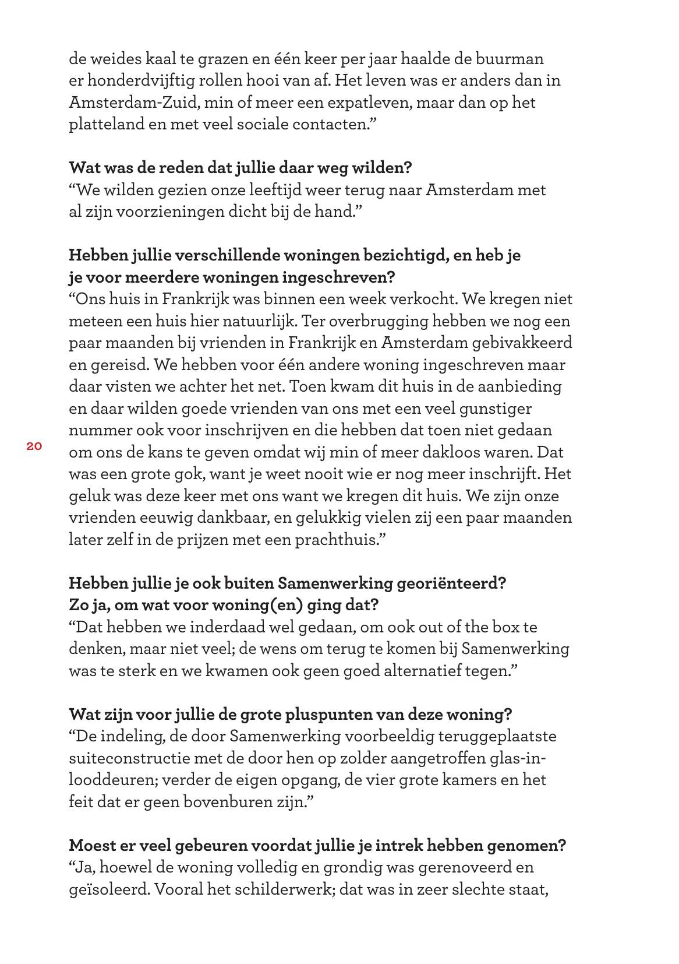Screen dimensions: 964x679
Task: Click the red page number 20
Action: (34, 446)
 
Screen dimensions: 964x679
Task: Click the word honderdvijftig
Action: (140, 80)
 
